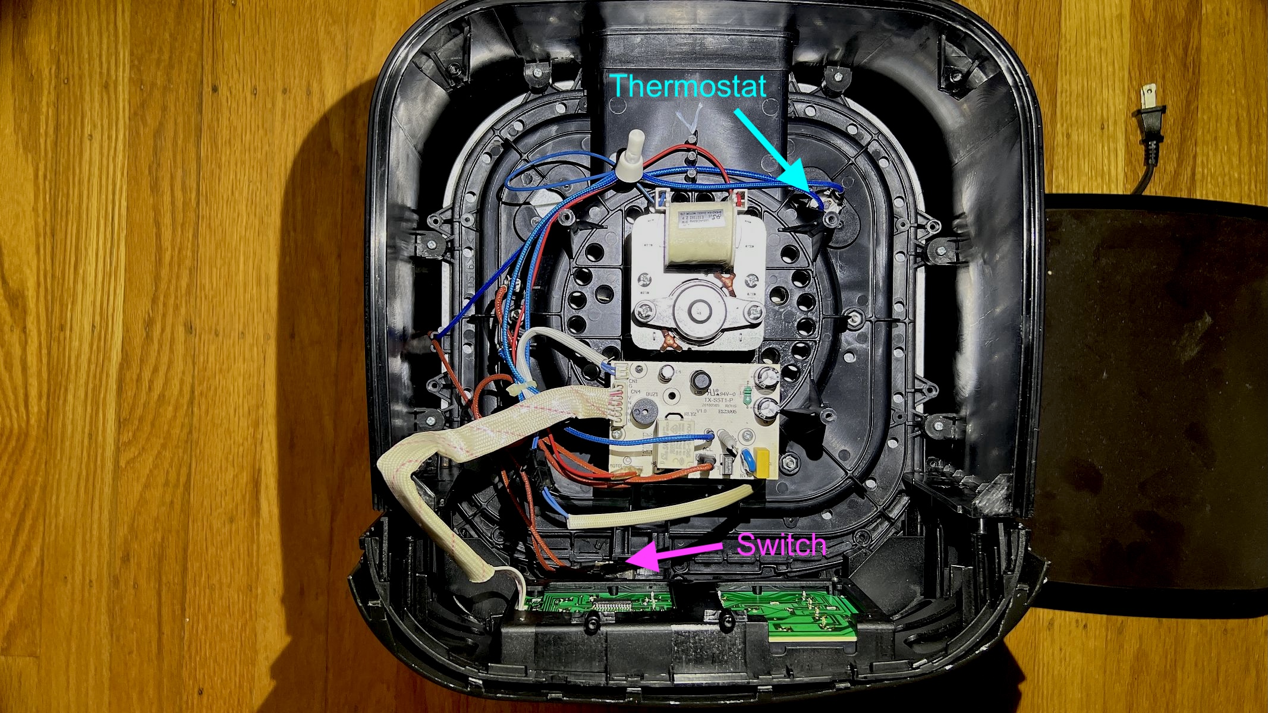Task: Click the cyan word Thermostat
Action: pyautogui.click(x=689, y=87)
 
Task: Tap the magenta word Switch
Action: pyautogui.click(x=781, y=544)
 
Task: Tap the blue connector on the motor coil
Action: pyautogui.click(x=660, y=198)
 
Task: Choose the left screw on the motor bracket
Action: pyautogui.click(x=644, y=310)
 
